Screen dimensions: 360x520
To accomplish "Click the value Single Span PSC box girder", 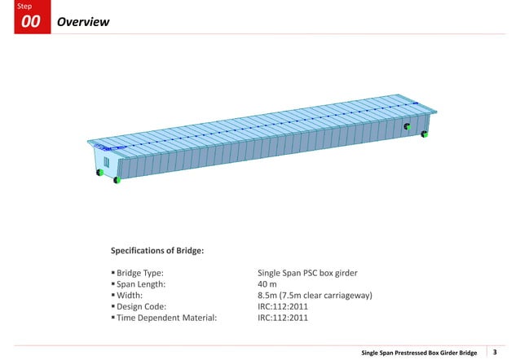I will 308,273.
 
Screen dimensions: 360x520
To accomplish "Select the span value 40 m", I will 267,284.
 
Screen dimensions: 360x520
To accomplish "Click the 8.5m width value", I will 315,296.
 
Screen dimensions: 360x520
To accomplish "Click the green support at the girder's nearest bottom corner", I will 117,179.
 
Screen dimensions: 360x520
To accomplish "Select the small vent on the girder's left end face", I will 105,163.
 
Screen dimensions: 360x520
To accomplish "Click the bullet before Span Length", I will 112,284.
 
